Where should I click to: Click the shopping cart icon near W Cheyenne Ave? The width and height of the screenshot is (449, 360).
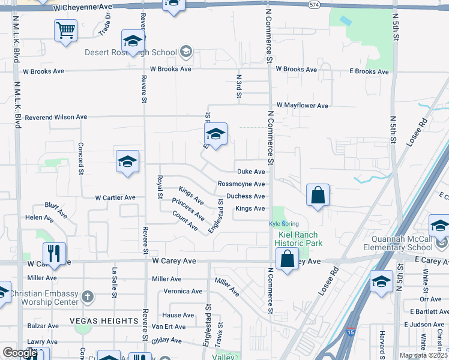point(65,29)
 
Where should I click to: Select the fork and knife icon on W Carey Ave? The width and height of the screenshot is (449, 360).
point(54,253)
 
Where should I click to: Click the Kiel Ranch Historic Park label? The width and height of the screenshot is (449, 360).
point(299,238)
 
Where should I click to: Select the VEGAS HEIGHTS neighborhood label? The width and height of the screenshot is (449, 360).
point(96,321)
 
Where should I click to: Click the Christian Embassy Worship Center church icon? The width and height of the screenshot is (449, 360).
point(88,296)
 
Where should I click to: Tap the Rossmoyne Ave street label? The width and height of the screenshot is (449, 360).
point(241,184)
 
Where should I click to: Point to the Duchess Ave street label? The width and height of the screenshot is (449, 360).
point(246,196)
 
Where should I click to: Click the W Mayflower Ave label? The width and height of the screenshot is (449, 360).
point(302,106)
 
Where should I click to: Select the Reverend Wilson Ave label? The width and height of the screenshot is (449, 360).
point(56,117)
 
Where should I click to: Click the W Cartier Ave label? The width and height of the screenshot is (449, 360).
point(115,197)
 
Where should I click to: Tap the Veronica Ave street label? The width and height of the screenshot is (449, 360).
point(183,292)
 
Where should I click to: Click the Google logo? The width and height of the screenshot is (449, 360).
point(20,353)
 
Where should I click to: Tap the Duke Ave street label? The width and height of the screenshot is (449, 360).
point(251,172)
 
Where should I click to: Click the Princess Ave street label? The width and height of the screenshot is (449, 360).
point(188,208)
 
